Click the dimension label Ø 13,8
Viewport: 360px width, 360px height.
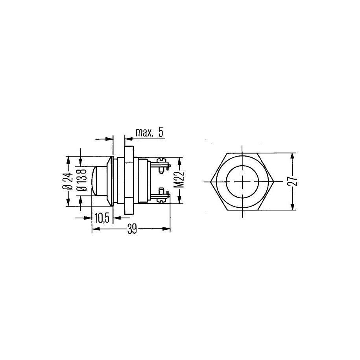tap(82, 181)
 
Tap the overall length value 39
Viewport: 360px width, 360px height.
tap(132, 229)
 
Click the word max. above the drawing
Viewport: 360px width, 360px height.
tap(144, 133)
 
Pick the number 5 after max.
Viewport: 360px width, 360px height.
tap(161, 133)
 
